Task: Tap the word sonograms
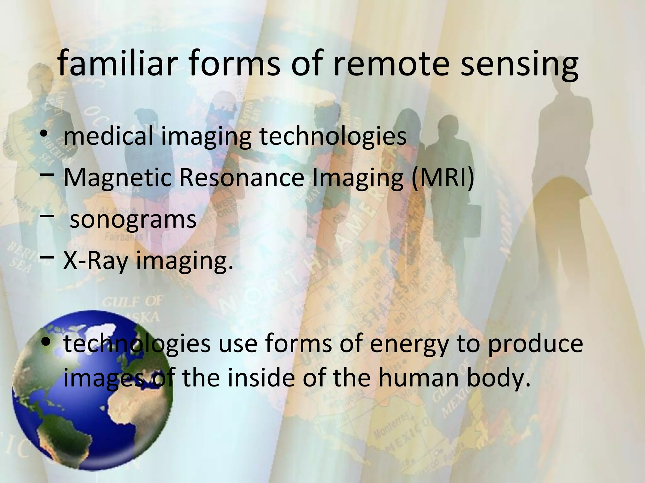(x=133, y=219)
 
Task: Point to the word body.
(x=497, y=377)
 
